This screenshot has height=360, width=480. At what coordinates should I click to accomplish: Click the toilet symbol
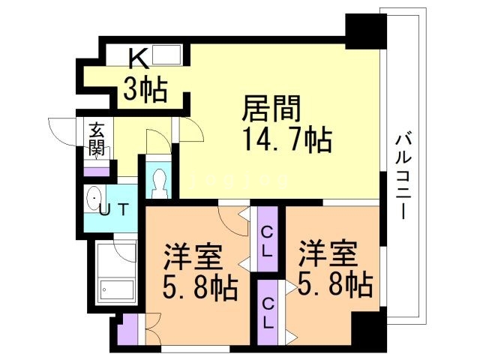coord(159,179)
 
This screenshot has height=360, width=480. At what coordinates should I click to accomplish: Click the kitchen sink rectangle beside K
coord(167,55)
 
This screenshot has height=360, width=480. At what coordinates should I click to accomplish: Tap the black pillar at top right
coord(363,29)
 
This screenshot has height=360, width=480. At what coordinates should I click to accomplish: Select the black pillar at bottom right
coord(366,326)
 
